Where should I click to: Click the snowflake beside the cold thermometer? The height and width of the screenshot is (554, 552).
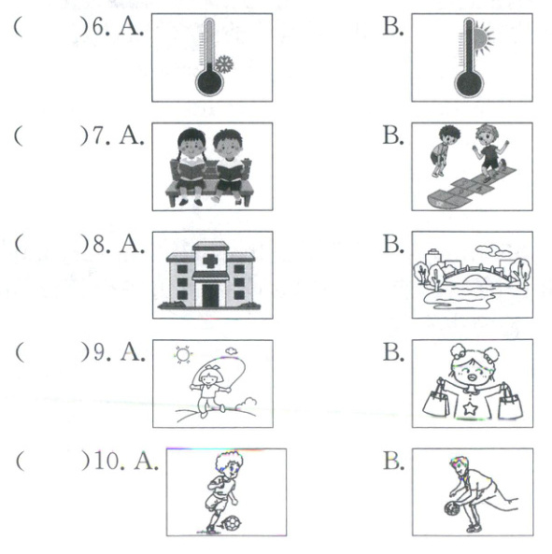pyautogui.click(x=224, y=64)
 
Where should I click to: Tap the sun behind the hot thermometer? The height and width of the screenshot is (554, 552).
pyautogui.click(x=483, y=37)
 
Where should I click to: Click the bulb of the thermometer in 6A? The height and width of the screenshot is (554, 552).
pyautogui.click(x=209, y=82)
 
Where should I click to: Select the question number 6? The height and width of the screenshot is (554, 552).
pyautogui.click(x=98, y=27)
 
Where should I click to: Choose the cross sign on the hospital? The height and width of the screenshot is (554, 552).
pyautogui.click(x=210, y=261)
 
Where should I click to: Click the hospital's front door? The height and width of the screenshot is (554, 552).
pyautogui.click(x=210, y=295)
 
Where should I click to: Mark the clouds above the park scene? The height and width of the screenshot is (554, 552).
pyautogui.click(x=493, y=251)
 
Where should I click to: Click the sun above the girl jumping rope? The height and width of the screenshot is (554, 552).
pyautogui.click(x=183, y=355)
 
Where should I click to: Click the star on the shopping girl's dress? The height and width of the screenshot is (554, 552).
pyautogui.click(x=471, y=408)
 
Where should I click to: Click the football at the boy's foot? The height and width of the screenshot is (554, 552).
pyautogui.click(x=233, y=523)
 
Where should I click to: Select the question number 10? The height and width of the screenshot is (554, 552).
pyautogui.click(x=107, y=462)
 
